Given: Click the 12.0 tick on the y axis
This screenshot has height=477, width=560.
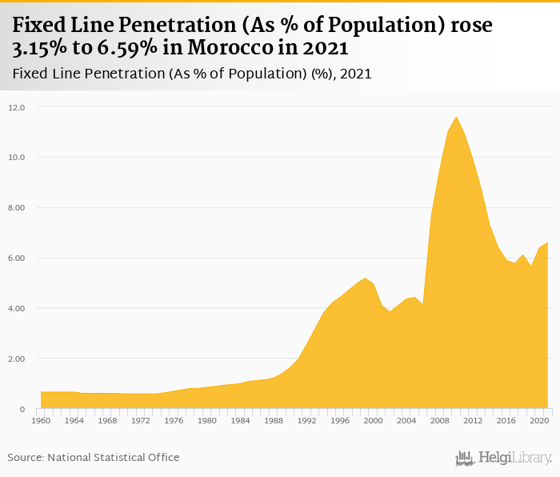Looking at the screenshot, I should tap(18, 107).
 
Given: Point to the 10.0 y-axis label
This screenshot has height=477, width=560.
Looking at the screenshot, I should tap(18, 158).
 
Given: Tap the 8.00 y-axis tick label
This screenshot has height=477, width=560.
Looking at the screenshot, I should tap(18, 208).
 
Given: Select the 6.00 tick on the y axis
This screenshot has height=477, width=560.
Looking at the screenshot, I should tap(18, 259).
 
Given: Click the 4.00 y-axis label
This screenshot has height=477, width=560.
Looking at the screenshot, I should tap(18, 309).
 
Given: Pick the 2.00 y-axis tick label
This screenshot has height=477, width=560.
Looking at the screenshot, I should tap(18, 359).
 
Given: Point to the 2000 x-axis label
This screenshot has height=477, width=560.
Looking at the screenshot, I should tap(373, 421).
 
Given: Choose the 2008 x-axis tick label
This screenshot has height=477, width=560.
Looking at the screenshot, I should tap(439, 421).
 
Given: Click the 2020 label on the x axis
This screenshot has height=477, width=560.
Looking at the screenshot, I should tap(539, 421).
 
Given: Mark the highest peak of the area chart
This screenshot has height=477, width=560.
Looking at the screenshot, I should tap(456, 117).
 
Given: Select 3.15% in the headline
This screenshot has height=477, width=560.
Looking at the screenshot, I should tap(36, 49).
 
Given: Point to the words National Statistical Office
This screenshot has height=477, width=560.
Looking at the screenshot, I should tap(114, 458).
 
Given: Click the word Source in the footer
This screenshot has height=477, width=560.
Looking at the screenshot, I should tap(25, 458).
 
